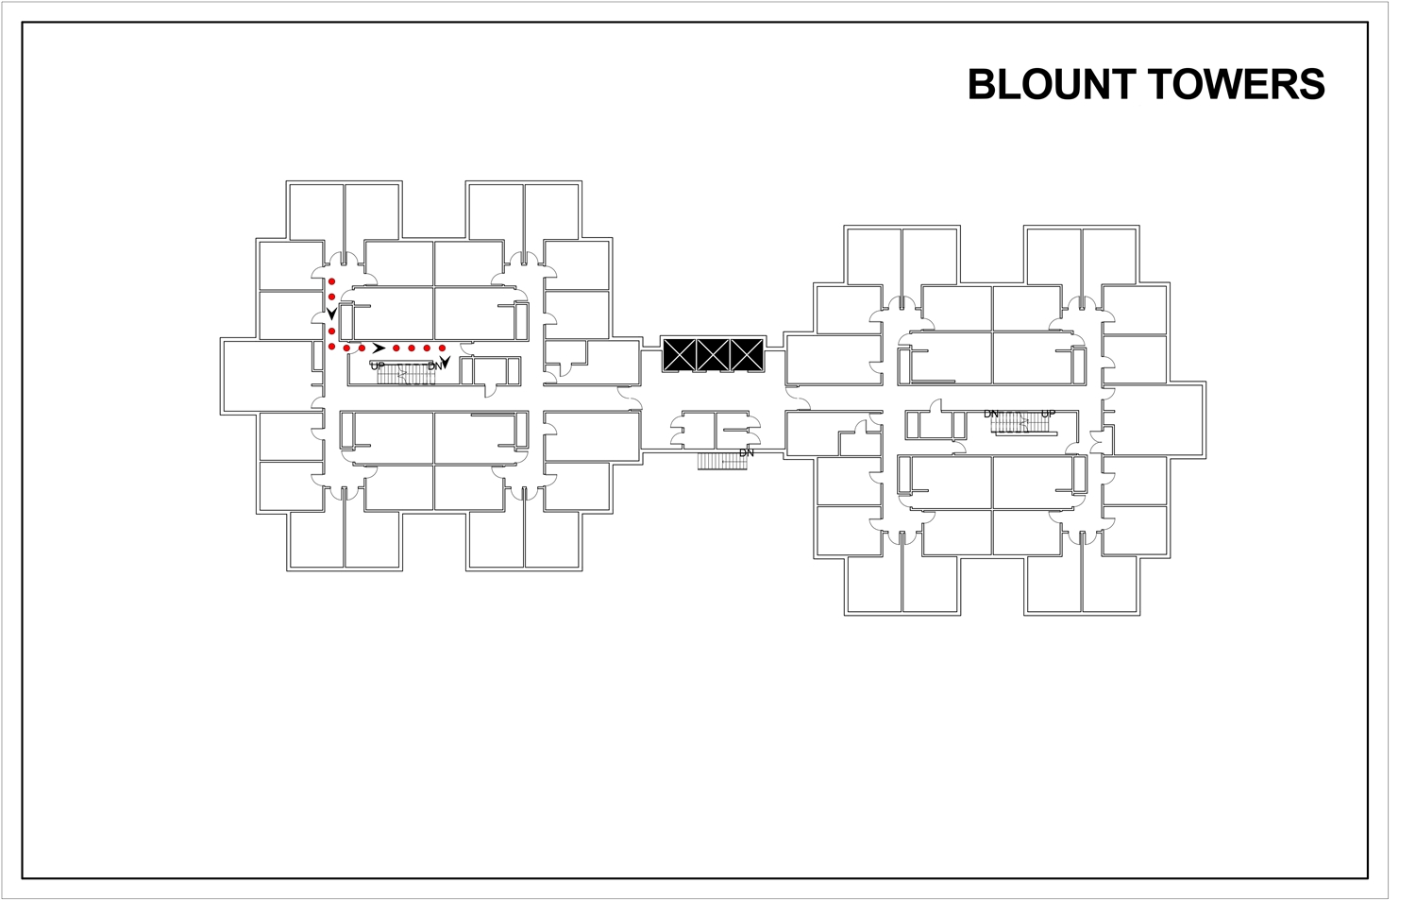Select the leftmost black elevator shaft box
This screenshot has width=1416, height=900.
(679, 354)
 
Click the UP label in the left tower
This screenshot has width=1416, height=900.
(378, 365)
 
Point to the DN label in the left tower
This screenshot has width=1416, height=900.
(434, 365)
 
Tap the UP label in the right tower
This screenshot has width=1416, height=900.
(1048, 414)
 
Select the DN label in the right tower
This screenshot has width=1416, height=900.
(991, 414)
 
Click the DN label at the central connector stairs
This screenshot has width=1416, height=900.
(747, 453)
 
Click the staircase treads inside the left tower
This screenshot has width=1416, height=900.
(406, 375)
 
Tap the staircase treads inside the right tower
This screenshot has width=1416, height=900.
(1020, 423)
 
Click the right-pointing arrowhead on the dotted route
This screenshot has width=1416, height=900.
(379, 348)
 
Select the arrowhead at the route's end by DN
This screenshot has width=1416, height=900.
(444, 361)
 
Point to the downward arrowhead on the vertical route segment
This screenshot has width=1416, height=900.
(331, 313)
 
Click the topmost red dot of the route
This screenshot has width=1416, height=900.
(331, 281)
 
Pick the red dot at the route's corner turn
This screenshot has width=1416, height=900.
(331, 348)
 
